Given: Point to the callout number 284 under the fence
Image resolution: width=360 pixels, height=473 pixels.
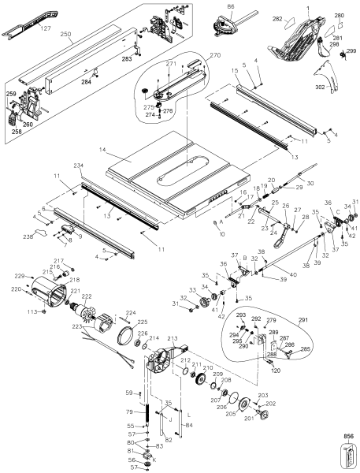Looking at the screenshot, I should coord(87,80).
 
